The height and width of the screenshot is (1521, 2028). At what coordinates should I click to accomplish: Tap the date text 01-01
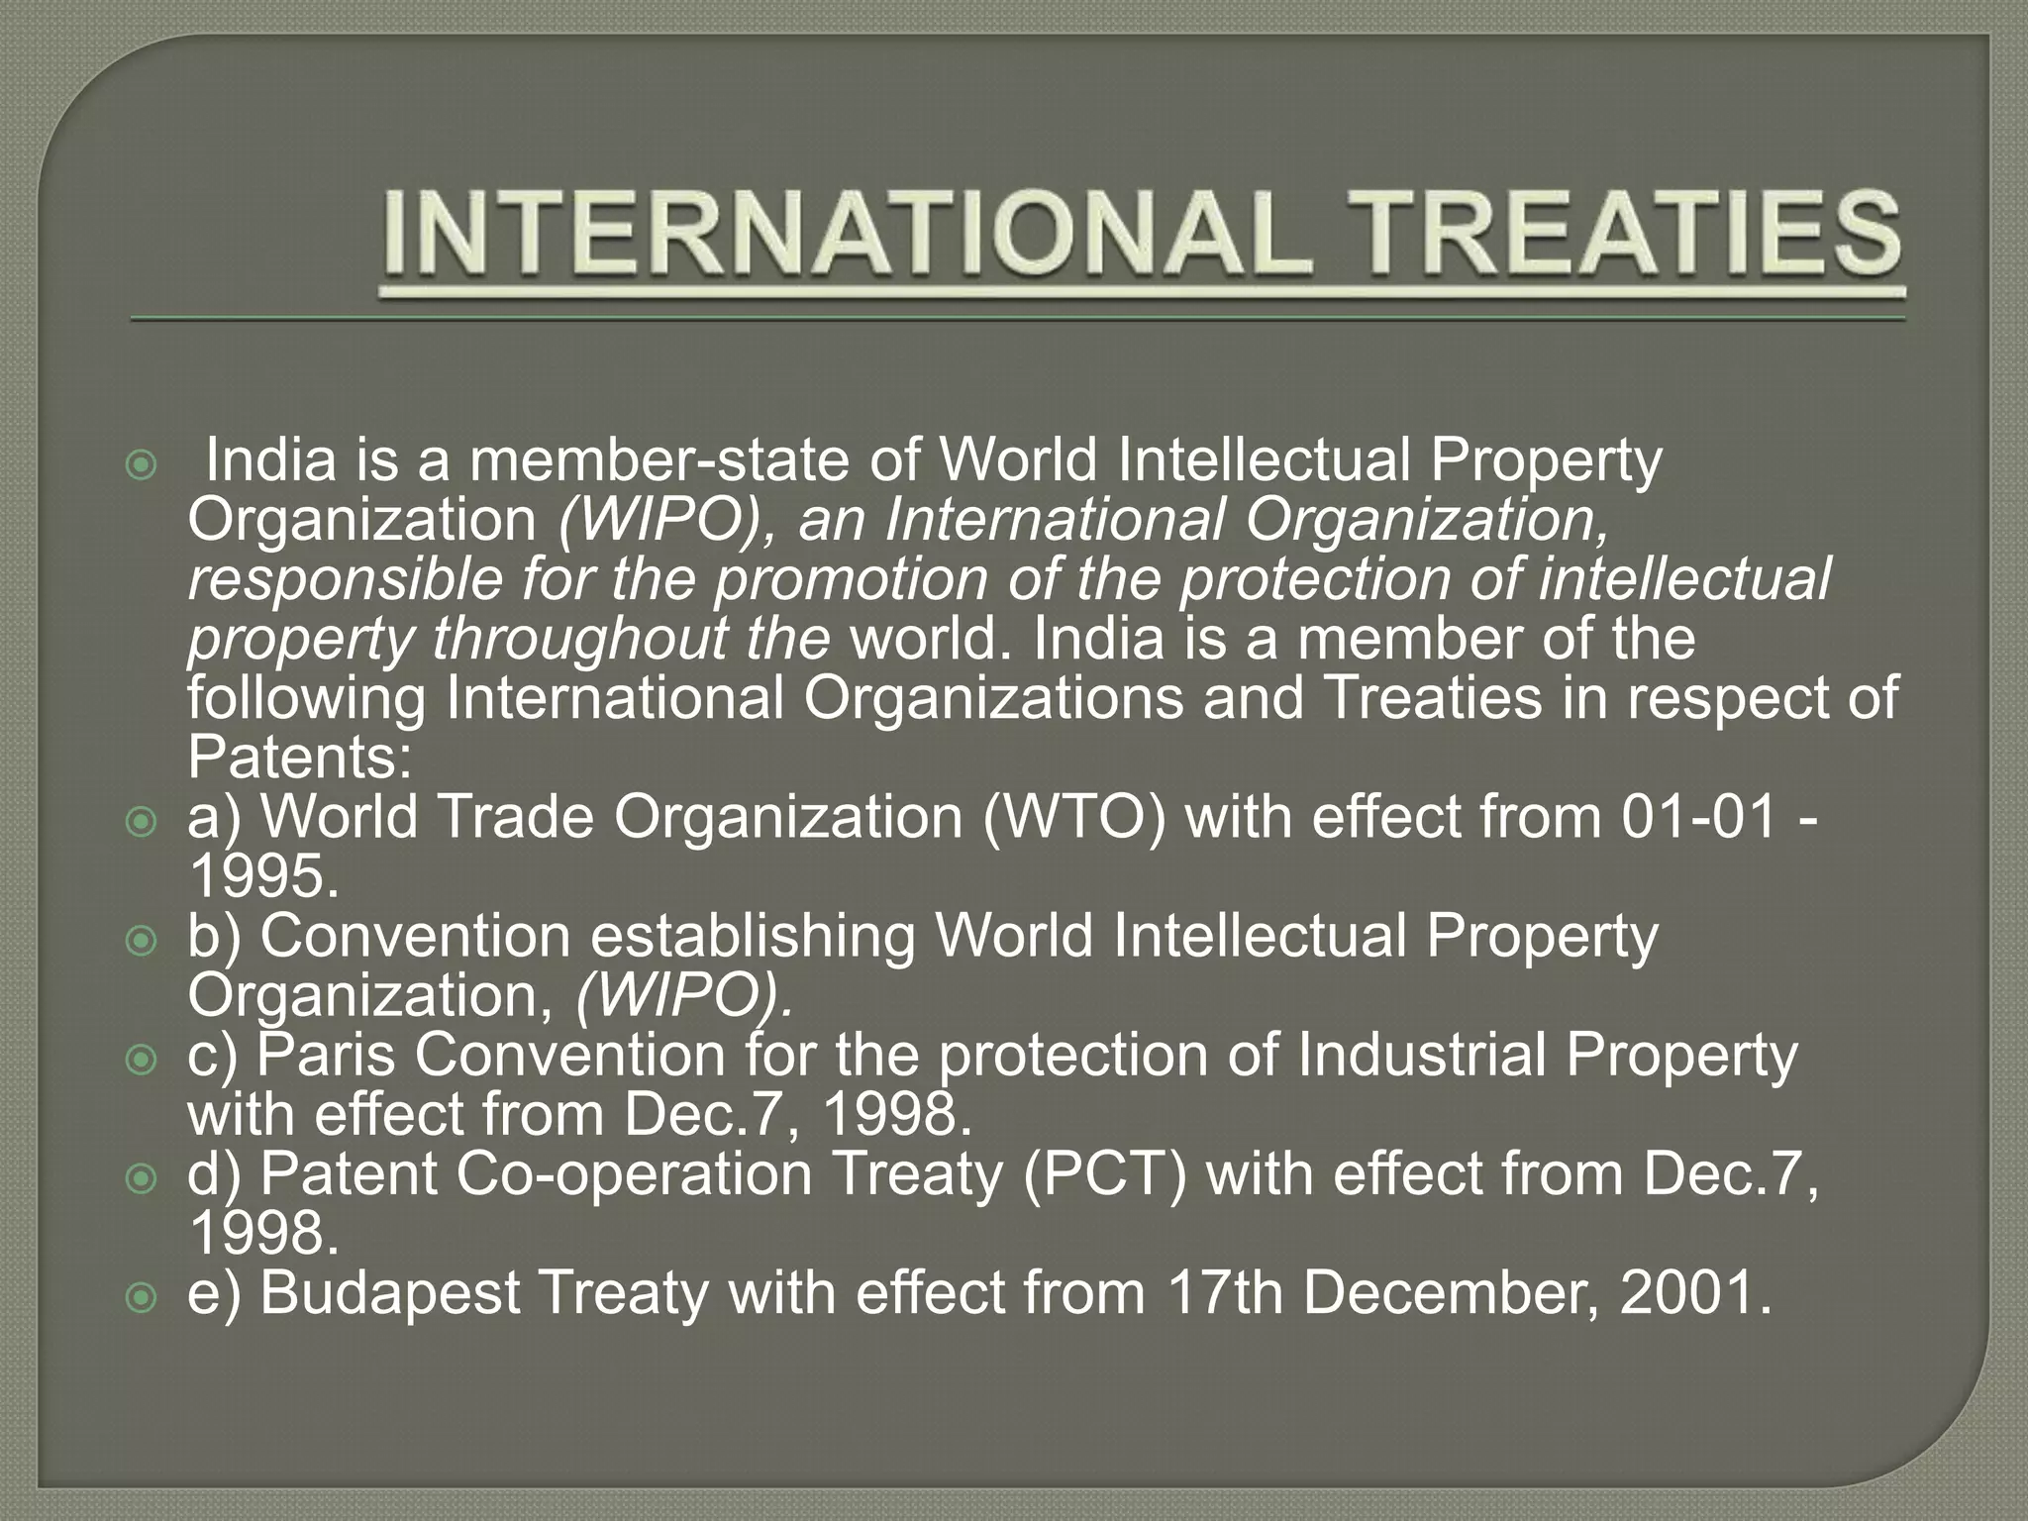1699,817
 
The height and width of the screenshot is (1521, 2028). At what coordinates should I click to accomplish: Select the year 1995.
262,876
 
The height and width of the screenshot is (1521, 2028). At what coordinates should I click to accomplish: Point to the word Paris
326,1055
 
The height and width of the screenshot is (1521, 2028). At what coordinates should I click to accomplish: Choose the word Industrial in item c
1421,1055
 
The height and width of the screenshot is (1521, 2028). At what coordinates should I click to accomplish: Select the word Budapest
390,1292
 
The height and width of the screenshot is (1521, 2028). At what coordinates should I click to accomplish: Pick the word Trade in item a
516,817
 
